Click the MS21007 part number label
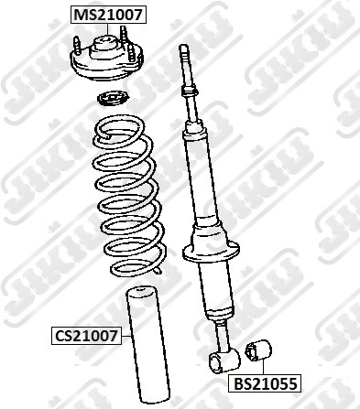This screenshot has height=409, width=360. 108,15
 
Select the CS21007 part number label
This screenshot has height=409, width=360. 86,336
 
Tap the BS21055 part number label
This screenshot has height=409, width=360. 265,383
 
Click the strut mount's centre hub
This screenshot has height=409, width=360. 104,48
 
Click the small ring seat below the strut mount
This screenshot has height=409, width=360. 113,99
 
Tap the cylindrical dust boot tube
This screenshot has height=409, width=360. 148,345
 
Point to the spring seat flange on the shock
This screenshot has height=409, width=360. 211,252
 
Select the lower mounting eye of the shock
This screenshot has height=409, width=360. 224,361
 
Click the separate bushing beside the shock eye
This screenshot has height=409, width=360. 258,350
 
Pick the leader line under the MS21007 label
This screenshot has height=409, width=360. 108,30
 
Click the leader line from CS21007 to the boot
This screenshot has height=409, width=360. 127,336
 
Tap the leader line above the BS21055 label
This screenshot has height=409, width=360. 262,367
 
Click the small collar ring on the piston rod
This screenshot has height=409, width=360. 190,91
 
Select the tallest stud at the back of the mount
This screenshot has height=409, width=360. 124,34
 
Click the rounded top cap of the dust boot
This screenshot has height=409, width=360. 139,291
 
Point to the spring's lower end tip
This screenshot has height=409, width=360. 158,271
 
